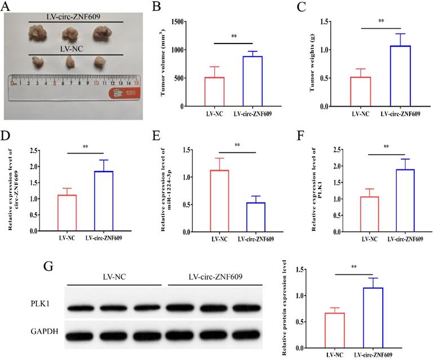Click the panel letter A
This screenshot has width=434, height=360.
pyautogui.click(x=7, y=6)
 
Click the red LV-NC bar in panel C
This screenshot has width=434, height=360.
pyautogui.click(x=361, y=91)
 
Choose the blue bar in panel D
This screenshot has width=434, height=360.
pyautogui.click(x=103, y=201)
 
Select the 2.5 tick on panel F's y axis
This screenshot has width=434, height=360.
pyautogui.click(x=319, y=150)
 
